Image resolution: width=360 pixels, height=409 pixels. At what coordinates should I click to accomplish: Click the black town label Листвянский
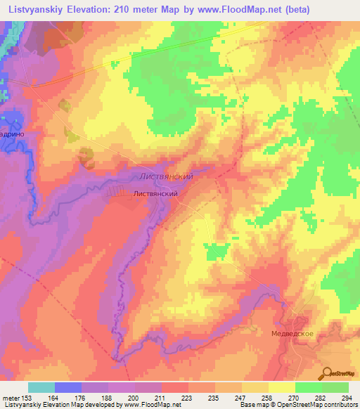click(x=153, y=193)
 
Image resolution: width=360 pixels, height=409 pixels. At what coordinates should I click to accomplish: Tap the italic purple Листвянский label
click(x=166, y=177)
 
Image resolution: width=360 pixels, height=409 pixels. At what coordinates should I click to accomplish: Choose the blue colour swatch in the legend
click(x=68, y=387)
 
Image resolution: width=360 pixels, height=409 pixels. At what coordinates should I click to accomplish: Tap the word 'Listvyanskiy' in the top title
click(x=34, y=8)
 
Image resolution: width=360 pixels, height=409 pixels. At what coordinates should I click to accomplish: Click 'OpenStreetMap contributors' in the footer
click(x=321, y=405)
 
